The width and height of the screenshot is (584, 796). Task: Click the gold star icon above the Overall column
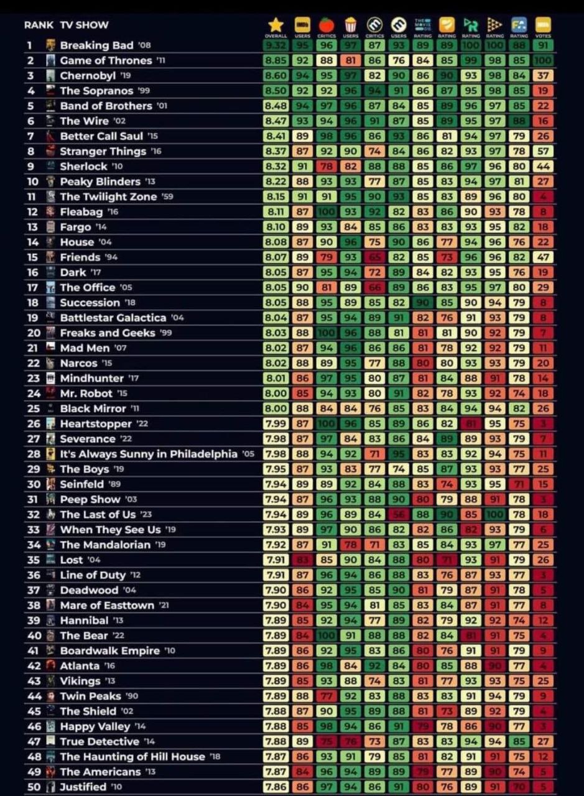(x=276, y=24)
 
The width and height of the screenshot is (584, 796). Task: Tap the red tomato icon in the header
(x=327, y=24)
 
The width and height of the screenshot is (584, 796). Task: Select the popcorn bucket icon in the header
(x=351, y=24)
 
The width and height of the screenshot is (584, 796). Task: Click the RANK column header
(x=39, y=25)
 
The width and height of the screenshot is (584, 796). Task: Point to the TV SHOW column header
(x=84, y=25)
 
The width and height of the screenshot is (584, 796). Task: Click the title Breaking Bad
(x=96, y=45)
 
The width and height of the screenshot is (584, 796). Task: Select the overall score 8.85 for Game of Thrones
(x=276, y=60)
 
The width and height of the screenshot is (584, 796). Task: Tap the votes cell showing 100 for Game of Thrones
(x=542, y=60)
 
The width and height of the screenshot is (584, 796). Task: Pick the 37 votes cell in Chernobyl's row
(x=542, y=76)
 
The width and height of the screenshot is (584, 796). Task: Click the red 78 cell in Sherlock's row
(x=327, y=167)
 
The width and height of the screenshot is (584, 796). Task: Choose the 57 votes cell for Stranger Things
(x=542, y=151)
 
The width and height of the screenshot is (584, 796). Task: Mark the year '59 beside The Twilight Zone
(x=167, y=197)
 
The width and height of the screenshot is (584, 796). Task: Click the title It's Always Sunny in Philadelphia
(x=149, y=454)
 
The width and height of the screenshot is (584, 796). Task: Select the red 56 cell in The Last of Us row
(x=399, y=514)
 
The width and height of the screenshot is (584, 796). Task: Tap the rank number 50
(x=34, y=787)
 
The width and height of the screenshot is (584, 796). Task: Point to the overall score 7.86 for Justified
(x=276, y=787)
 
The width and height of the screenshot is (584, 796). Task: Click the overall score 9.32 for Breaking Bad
(x=276, y=45)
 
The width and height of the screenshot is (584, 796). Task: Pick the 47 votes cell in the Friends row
(x=542, y=257)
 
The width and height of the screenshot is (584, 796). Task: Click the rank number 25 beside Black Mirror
(x=34, y=409)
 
